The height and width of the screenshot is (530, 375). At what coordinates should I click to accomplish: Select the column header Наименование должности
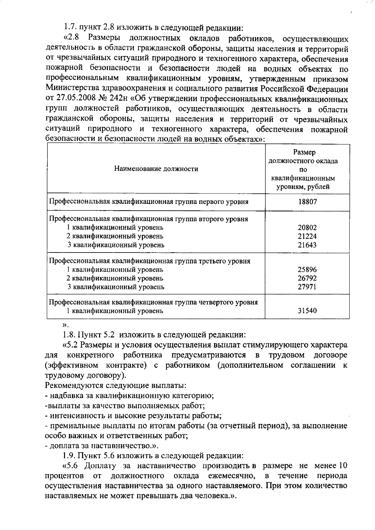click(x=156, y=169)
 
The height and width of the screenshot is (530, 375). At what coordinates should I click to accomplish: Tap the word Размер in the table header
click(x=304, y=152)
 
